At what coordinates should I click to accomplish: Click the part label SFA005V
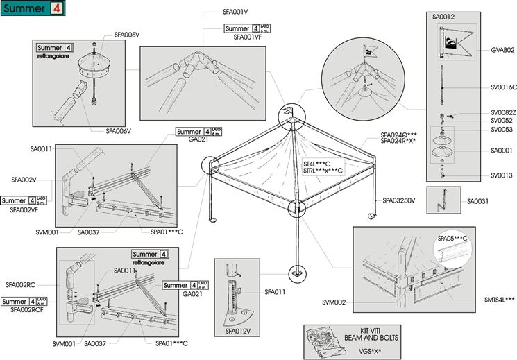click(127, 34)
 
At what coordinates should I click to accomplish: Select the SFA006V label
click(118, 130)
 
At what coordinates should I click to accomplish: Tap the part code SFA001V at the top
click(237, 12)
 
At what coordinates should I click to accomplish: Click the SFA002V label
click(24, 179)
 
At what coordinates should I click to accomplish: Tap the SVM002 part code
click(334, 302)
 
